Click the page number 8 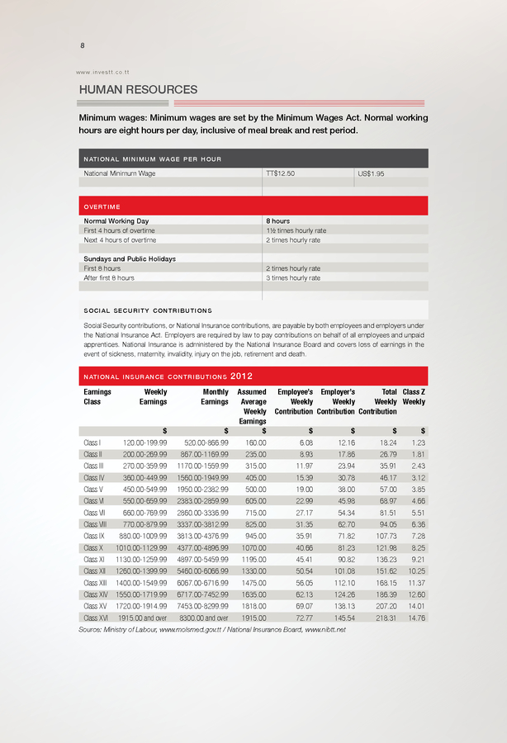click(x=82, y=45)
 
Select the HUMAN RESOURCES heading click(x=137, y=90)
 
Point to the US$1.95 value click(x=370, y=174)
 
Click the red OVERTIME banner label click(x=102, y=206)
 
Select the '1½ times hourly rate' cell click(x=293, y=230)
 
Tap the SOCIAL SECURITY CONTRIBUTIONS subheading click(x=148, y=311)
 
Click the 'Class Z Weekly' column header click(x=413, y=397)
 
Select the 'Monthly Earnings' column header click(x=215, y=397)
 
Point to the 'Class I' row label click(x=92, y=443)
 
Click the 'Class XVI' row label click(x=97, y=617)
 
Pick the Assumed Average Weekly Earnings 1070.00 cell click(x=253, y=547)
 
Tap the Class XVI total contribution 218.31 click(x=384, y=617)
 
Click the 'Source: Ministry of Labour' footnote click(x=211, y=631)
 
